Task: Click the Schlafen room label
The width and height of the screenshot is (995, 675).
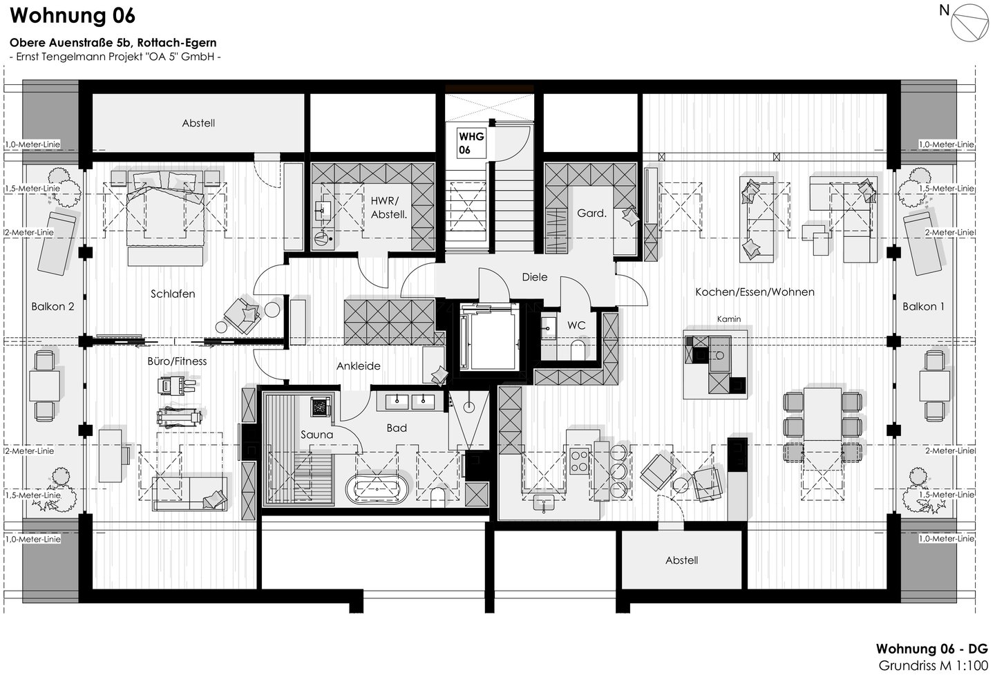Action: (x=173, y=294)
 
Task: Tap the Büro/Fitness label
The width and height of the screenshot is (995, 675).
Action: (x=177, y=361)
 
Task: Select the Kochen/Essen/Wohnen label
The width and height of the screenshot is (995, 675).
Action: (x=755, y=292)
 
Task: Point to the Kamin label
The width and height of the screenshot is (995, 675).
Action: (x=729, y=319)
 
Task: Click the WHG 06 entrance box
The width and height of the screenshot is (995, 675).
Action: (x=471, y=142)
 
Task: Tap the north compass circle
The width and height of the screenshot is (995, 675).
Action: (x=969, y=23)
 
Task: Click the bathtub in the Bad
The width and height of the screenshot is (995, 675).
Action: (x=377, y=489)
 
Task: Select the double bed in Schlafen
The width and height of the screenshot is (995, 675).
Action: (x=165, y=218)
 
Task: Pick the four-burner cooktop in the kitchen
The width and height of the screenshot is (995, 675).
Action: (x=579, y=461)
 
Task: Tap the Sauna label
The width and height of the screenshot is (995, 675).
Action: (x=316, y=435)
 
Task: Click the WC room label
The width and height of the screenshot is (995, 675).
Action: (x=576, y=325)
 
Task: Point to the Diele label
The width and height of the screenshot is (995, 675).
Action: (x=534, y=276)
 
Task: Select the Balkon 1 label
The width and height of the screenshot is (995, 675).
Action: (x=923, y=307)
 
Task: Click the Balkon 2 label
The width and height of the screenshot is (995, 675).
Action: (x=53, y=307)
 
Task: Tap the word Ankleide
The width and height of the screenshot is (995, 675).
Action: (x=359, y=366)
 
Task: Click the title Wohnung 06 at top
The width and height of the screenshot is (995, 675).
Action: (x=73, y=15)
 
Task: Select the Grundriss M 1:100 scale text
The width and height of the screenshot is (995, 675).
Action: (x=934, y=666)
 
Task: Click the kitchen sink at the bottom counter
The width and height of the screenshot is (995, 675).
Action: (x=544, y=503)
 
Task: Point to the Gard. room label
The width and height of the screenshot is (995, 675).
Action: (x=591, y=213)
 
